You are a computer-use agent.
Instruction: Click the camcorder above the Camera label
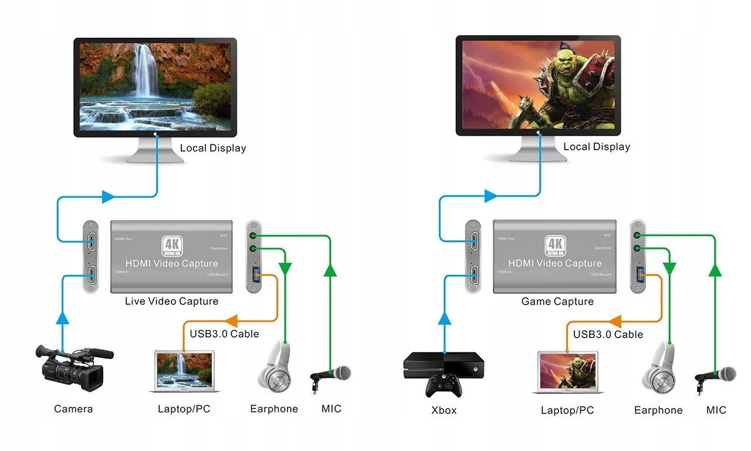[x=73, y=369]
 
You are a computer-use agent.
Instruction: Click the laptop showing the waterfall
[x=184, y=371]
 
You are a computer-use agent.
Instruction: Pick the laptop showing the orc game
[x=567, y=372]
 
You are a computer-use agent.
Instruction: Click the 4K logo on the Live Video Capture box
[x=171, y=245]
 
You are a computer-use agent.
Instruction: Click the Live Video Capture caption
[x=171, y=301]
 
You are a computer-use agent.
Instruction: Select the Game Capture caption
[x=557, y=301]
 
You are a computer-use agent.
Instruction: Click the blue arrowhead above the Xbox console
[x=445, y=318]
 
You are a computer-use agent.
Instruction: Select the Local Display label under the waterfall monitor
[x=212, y=148]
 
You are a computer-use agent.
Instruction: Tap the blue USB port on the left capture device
[x=256, y=274]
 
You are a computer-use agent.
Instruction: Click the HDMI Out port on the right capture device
[x=473, y=239]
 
